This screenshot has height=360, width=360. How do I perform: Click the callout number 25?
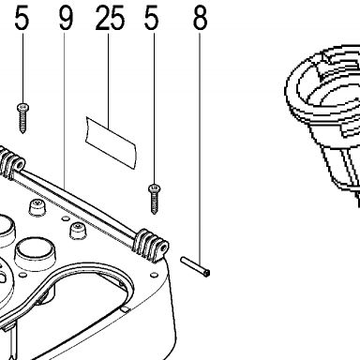pos(110,18)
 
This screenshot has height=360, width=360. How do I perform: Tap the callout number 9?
pos(66,18)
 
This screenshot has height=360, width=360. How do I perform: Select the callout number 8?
pos(200,18)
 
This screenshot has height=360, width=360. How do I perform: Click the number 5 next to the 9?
pos(22,18)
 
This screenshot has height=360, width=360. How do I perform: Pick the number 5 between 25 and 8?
pos(152,18)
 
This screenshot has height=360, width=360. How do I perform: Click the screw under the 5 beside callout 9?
pos(22,118)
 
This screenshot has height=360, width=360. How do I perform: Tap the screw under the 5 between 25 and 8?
pos(154,199)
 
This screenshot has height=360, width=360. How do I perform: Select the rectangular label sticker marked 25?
pos(112,142)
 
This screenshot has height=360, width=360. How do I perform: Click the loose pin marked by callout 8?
pos(195,266)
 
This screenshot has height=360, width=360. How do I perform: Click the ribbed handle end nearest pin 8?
pos(151,246)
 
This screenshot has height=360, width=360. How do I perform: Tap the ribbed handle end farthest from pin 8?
pos(11,162)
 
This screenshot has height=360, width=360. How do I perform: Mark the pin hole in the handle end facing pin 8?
pos(163,248)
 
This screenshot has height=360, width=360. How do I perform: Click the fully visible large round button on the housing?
pos(35,252)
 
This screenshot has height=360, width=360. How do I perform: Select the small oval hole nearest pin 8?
pos(154,275)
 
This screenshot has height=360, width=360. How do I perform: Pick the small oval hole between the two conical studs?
pos(66,217)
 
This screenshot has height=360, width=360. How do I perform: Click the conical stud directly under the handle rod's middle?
pos(78,231)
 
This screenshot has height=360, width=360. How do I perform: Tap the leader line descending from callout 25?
pos(109,82)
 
